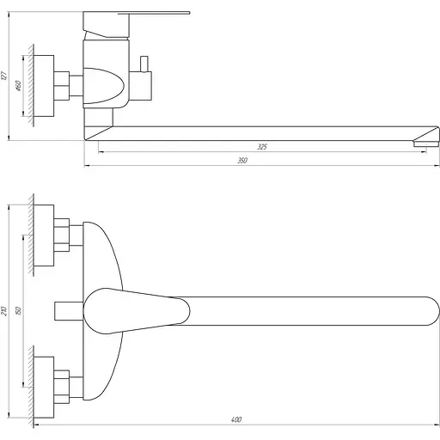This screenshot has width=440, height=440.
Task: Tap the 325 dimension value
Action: click(x=262, y=147)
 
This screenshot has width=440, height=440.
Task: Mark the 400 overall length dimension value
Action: click(x=236, y=419)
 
